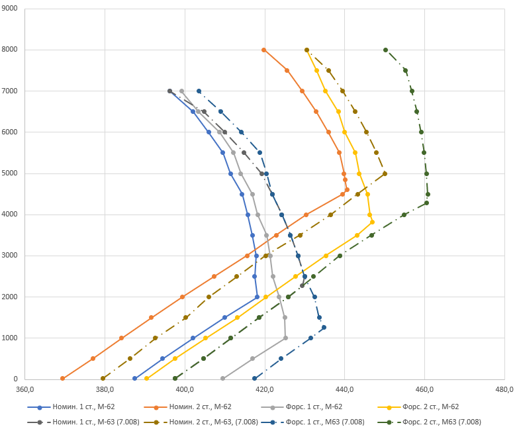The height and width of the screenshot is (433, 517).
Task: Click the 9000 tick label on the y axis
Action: pos(9,8)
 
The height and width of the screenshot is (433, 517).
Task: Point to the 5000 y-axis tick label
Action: pos(9,173)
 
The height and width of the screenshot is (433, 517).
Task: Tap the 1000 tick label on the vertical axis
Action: pos(9,338)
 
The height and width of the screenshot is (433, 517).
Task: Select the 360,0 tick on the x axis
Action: pos(24,389)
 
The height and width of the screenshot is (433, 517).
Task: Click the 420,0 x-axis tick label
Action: pos(265,389)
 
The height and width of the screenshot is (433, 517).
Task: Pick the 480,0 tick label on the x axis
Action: pos(504,389)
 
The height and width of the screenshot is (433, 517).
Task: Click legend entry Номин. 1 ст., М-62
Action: pos(71,407)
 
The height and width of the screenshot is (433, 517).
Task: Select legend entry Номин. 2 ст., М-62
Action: pos(187,407)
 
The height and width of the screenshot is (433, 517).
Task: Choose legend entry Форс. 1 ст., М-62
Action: pos(302,407)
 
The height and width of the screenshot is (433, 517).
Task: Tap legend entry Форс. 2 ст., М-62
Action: pos(418,407)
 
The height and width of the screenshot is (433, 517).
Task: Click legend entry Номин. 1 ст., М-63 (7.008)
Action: pos(83,422)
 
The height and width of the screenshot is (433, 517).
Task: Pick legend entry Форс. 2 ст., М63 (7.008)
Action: pos(430,422)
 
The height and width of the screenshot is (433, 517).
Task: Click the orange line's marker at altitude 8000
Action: pos(263,50)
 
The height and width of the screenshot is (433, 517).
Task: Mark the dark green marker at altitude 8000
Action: pos(385,50)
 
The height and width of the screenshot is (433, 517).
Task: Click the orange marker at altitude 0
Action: pos(63,378)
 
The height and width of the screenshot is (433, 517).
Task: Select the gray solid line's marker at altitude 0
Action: pos(222,378)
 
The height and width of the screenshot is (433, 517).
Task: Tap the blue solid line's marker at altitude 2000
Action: pos(258,297)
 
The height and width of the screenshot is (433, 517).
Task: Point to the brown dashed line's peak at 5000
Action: pos(385,173)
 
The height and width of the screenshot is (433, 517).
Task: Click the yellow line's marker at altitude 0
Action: pos(147,378)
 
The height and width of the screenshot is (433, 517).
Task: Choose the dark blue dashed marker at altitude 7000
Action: pos(199,91)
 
